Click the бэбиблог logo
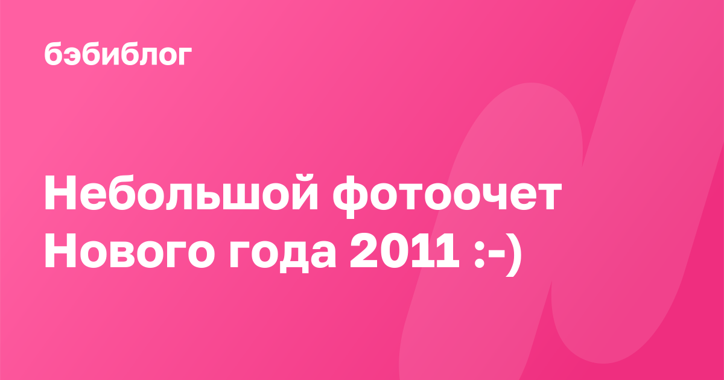pyautogui.click(x=118, y=54)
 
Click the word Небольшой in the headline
pyautogui.click(x=182, y=193)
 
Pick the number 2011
pyautogui.click(x=404, y=250)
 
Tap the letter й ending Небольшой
pyautogui.click(x=300, y=193)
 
